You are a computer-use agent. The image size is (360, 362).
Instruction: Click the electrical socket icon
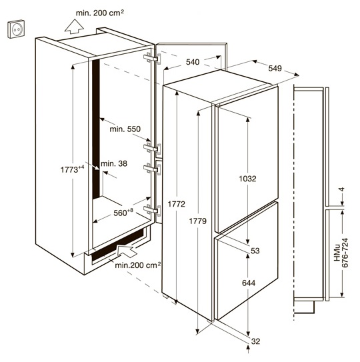pyautogui.click(x=16, y=29)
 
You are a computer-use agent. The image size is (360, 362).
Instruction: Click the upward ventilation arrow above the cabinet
pyautogui.click(x=74, y=27)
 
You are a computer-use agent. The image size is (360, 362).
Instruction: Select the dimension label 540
pyautogui.click(x=193, y=62)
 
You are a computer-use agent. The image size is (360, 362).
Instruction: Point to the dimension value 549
pyautogui.click(x=275, y=69)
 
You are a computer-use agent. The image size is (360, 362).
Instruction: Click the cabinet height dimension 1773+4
pyautogui.click(x=71, y=169)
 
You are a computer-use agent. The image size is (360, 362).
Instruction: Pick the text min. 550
pyautogui.click(x=125, y=129)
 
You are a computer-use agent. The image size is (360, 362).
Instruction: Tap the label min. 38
pyautogui.click(x=114, y=164)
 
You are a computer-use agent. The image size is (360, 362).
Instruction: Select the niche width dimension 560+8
pyautogui.click(x=123, y=213)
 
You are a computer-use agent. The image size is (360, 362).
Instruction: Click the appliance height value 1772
pyautogui.click(x=177, y=204)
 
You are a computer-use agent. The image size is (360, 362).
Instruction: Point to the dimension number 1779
pyautogui.click(x=197, y=221)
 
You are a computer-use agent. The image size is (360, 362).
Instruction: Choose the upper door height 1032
pyautogui.click(x=247, y=179)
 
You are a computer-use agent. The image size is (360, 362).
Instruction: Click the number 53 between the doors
pyautogui.click(x=255, y=251)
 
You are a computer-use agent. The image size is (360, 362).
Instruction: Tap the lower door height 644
pyautogui.click(x=249, y=283)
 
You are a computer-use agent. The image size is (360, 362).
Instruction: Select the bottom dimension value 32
pyautogui.click(x=255, y=341)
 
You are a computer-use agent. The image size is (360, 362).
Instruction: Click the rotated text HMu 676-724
pyautogui.click(x=341, y=253)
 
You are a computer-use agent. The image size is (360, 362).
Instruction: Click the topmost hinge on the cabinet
pyautogui.click(x=152, y=59)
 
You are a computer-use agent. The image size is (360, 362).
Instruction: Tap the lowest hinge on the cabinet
pyautogui.click(x=152, y=210)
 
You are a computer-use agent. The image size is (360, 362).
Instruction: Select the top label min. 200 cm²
pyautogui.click(x=100, y=13)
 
